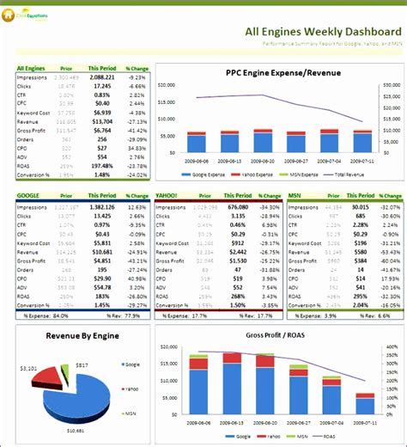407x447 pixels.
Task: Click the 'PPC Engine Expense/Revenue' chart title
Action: [x=283, y=73]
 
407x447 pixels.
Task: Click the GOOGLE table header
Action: [x=28, y=196]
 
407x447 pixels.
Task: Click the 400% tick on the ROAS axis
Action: [x=391, y=348]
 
